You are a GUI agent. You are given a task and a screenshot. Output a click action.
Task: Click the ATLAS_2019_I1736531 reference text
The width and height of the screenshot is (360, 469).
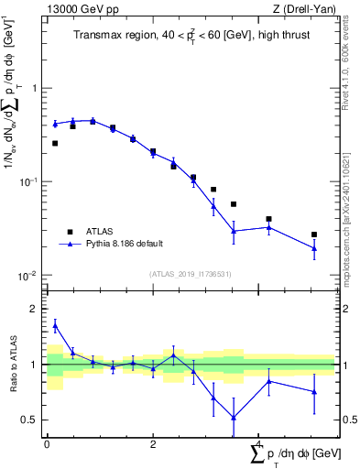(x=191, y=273)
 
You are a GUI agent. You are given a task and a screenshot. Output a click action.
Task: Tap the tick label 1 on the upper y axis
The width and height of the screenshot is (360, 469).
(x=36, y=89)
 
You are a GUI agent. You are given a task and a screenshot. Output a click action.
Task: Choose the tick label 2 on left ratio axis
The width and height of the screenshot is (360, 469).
(x=36, y=310)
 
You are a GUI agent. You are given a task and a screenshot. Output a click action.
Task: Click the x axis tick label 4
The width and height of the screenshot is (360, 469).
(x=257, y=444)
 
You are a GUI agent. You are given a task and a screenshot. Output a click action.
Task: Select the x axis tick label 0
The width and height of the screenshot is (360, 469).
(x=47, y=444)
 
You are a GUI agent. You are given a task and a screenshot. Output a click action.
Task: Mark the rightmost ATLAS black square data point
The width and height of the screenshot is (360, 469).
(x=314, y=234)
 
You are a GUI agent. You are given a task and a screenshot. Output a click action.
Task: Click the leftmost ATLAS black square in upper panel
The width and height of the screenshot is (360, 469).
(x=55, y=143)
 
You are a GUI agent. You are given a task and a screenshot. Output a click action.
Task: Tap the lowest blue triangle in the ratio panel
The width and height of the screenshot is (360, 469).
(x=234, y=418)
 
